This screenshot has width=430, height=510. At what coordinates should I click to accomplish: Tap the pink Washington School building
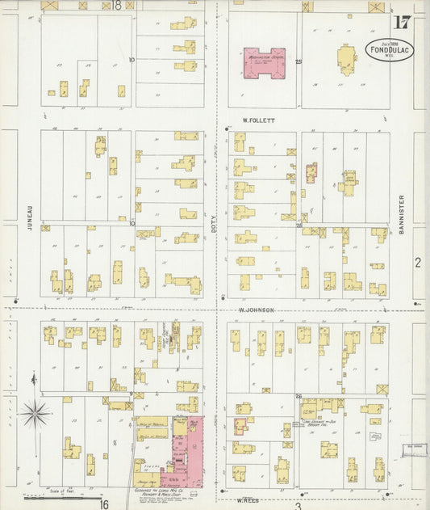click(264, 62)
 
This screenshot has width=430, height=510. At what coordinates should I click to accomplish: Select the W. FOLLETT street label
click(259, 120)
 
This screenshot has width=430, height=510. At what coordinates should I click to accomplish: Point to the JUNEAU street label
click(29, 218)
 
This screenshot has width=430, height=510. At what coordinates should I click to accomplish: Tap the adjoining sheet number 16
click(104, 503)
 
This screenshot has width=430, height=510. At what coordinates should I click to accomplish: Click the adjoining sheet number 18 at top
click(117, 5)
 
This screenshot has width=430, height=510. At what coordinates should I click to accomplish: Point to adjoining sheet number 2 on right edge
click(417, 262)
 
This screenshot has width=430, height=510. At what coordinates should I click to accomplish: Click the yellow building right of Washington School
click(348, 60)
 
